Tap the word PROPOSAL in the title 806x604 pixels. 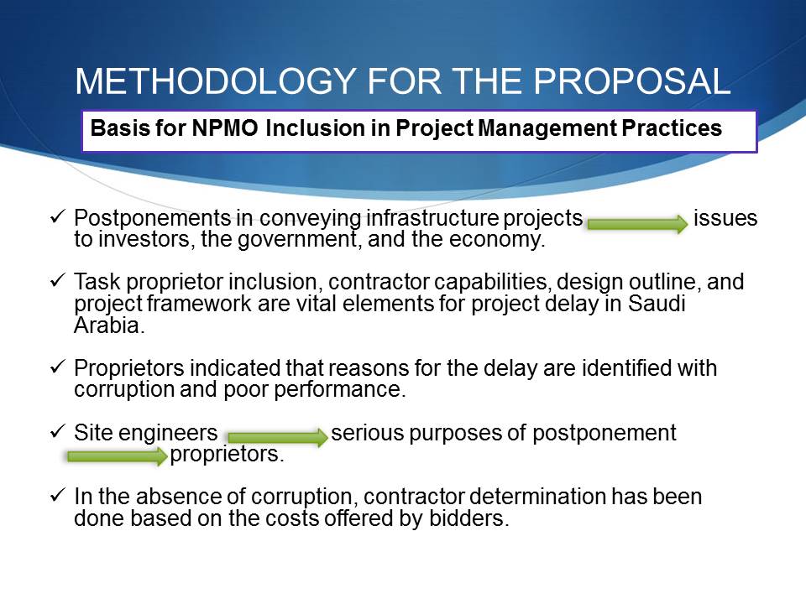pos(631,81)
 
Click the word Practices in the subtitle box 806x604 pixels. pos(672,128)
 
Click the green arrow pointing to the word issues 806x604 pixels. pos(637,224)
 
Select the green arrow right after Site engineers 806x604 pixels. pos(278,437)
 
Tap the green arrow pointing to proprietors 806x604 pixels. pos(118,456)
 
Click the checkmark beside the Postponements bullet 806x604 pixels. pos(57,216)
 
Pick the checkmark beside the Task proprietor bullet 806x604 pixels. pos(57,280)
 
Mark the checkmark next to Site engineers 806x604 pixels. pos(57,431)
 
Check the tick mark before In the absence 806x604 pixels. pos(57,495)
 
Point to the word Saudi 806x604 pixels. pos(657,303)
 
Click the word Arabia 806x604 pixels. pos(107,325)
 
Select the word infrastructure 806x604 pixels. pos(432,218)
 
